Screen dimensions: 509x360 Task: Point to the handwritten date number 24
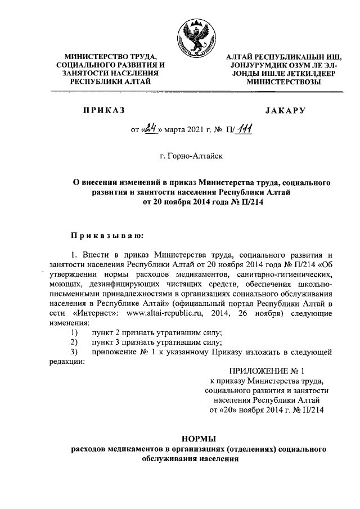click(150, 130)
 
